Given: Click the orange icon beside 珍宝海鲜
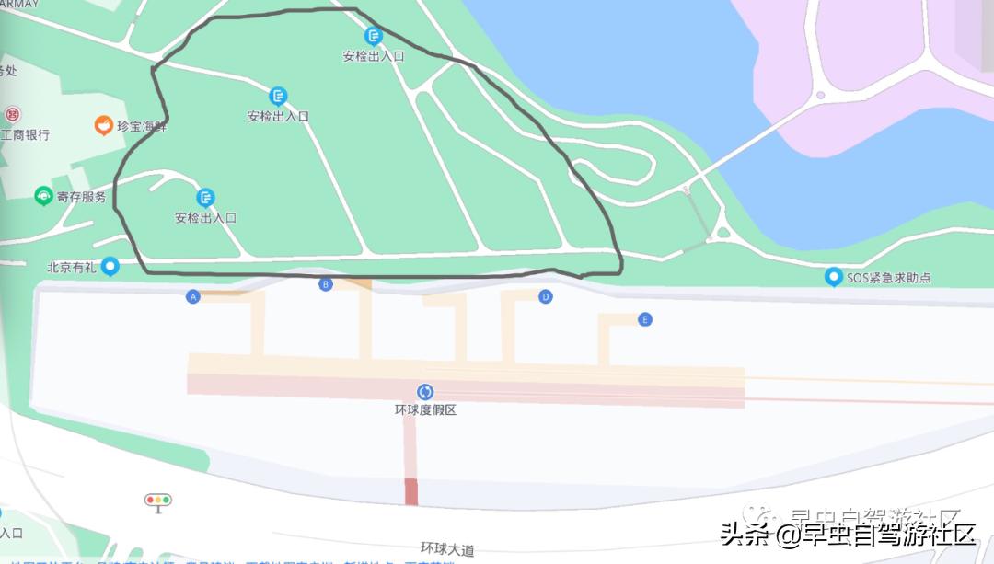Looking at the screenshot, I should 104,125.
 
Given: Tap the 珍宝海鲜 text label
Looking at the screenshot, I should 142,126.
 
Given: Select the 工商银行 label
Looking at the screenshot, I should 25,135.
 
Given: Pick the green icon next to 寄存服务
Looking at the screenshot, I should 42,195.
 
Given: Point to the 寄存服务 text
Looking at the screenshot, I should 81,196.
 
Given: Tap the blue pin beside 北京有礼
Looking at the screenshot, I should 110,267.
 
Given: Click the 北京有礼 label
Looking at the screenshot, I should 72,267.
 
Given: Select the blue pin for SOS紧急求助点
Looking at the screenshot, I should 833,277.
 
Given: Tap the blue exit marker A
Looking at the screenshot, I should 193,296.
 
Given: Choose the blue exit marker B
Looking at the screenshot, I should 325,284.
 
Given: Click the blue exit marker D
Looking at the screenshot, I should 546,296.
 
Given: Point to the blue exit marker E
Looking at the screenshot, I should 645,319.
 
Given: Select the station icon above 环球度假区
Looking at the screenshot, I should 425,392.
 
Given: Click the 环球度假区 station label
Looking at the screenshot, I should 425,409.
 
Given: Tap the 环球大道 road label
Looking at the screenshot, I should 447,549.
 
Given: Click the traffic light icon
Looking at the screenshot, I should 158,501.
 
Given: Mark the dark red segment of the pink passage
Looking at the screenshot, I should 410,491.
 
